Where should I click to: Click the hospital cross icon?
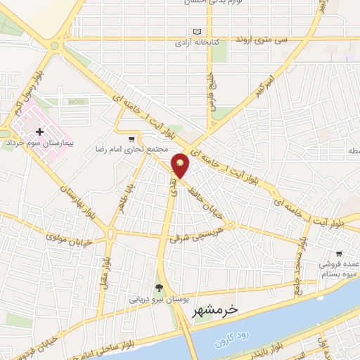click(39, 131)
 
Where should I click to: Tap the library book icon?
click(198, 32)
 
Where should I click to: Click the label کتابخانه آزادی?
click(198, 42)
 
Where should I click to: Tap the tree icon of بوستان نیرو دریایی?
click(158, 287)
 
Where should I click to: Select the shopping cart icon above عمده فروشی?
click(340, 253)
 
